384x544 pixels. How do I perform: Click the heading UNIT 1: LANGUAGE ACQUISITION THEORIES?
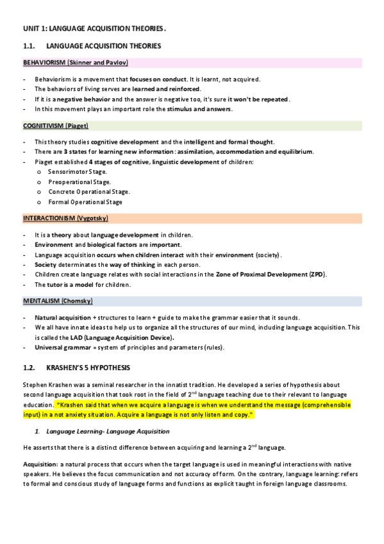94,29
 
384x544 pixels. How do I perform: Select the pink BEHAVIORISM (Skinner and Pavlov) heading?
76,62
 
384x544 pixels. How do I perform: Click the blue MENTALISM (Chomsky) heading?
58,301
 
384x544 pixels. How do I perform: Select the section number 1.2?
30,368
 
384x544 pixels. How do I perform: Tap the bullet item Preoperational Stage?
79,182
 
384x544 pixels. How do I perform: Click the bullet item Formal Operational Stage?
86,202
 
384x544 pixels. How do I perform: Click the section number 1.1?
29,46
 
